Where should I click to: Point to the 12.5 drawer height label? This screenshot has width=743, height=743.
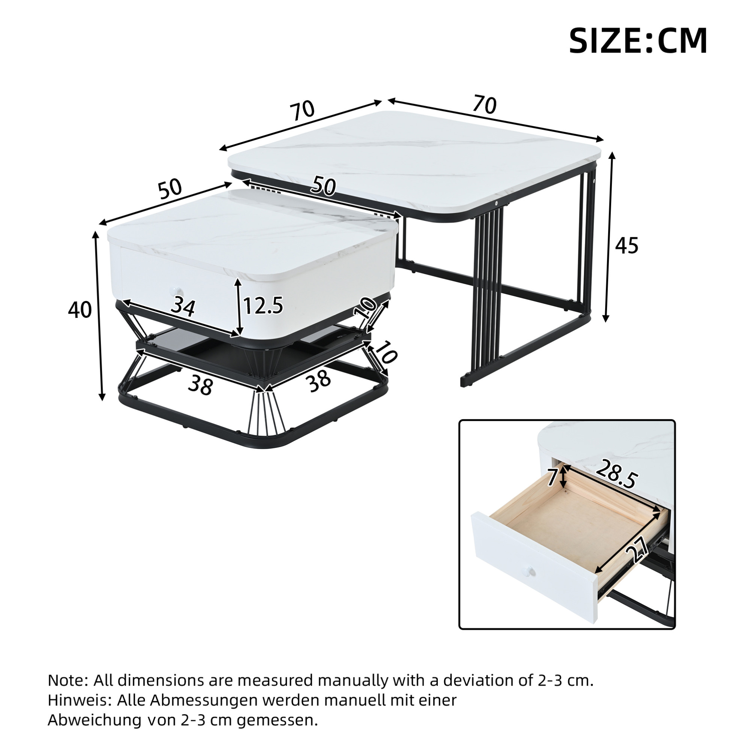point(263,305)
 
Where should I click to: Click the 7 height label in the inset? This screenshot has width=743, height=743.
point(552,477)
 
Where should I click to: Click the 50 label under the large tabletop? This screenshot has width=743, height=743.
point(323,186)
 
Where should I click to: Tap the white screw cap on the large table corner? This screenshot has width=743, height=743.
point(497,203)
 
